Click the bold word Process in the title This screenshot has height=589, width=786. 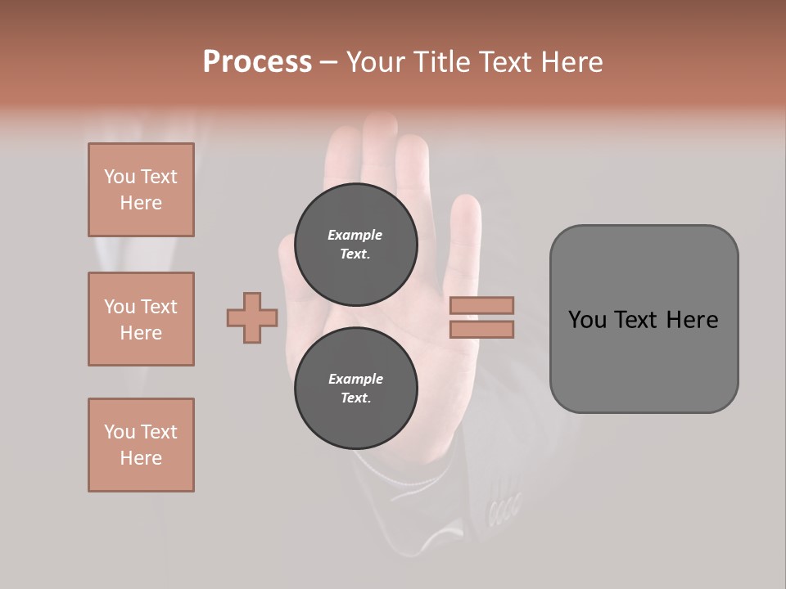pos(257,62)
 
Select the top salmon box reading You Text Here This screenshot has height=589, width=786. pos(141,190)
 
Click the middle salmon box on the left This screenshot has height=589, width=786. pos(141,319)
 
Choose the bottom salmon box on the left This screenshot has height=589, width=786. pos(141,445)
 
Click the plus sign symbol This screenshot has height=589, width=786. pos(252,317)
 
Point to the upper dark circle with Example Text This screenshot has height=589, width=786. pos(355,244)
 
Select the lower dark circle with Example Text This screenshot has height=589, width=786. pos(355,388)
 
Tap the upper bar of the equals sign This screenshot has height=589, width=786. pos(481,305)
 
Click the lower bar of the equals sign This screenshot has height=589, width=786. pos(481,329)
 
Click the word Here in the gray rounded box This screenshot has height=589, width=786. pos(692,320)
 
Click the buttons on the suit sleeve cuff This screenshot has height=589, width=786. pos(504,507)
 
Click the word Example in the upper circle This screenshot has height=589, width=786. pos(355,235)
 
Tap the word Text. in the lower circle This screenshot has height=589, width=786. pos(355,398)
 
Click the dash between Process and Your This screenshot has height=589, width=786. pos(329,63)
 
